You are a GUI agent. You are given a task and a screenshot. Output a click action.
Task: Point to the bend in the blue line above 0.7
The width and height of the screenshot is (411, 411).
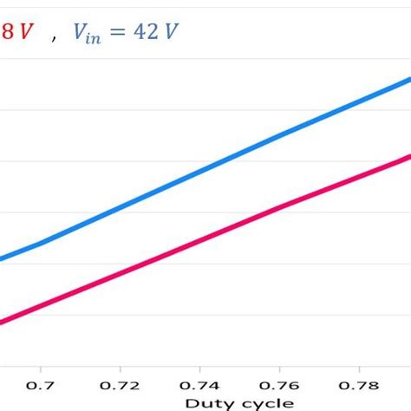point(41,244)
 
